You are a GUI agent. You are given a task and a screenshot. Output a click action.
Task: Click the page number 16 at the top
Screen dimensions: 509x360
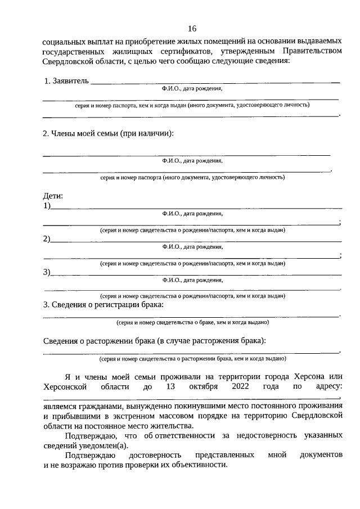click(x=192, y=29)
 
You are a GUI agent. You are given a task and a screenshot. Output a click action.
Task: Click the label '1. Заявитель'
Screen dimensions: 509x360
click(x=66, y=82)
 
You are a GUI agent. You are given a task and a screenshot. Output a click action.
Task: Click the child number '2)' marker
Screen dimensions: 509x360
click(x=47, y=239)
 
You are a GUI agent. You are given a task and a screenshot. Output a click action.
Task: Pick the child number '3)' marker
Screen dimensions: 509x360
click(x=47, y=272)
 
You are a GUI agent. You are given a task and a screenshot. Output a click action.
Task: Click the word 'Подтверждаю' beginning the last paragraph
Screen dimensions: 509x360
click(x=90, y=454)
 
